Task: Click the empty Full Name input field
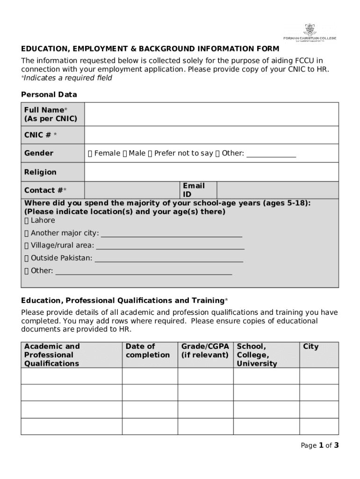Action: coord(211,115)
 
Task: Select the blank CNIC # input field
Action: coord(211,135)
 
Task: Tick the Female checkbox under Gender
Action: coord(90,153)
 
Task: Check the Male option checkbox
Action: coord(125,153)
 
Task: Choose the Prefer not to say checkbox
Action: coord(150,153)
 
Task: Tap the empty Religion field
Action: coord(211,172)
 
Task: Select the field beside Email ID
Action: coord(278,190)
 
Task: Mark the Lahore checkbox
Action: coord(27,220)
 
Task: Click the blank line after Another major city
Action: coord(172,233)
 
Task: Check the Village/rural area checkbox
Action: coord(27,246)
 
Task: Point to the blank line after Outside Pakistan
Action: coord(169,259)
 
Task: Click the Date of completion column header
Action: coord(148,351)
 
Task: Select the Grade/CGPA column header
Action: coord(205,351)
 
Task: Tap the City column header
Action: coord(311,347)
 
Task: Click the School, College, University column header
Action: coord(257,355)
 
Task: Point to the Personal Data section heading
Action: coord(49,94)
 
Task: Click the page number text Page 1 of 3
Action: coord(319,445)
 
